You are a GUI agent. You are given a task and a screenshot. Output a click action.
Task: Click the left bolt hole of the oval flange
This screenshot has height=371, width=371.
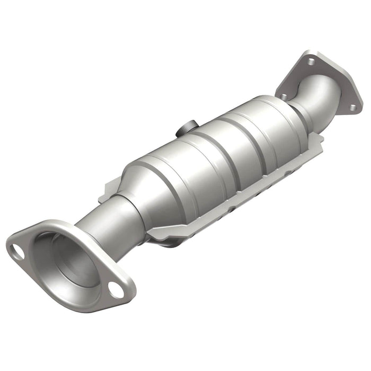(17, 252)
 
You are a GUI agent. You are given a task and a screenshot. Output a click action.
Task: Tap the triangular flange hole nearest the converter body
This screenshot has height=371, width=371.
(285, 97)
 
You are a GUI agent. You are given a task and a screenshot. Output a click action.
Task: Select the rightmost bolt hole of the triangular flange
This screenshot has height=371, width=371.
(351, 108)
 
